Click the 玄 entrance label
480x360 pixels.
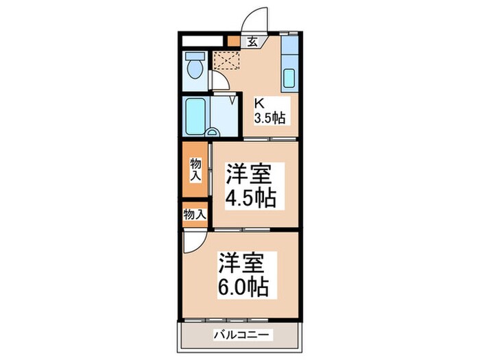tap(252, 42)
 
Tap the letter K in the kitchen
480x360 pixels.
tap(260, 104)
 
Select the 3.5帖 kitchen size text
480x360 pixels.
tap(269, 118)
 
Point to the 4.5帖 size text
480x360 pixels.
tap(251, 198)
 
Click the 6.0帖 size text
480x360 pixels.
tap(243, 286)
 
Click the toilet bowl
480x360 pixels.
tap(195, 69)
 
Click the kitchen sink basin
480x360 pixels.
tap(289, 79)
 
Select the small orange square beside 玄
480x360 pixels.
tap(235, 41)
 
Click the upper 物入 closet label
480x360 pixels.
tap(196, 168)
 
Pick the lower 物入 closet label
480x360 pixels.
tap(195, 214)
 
